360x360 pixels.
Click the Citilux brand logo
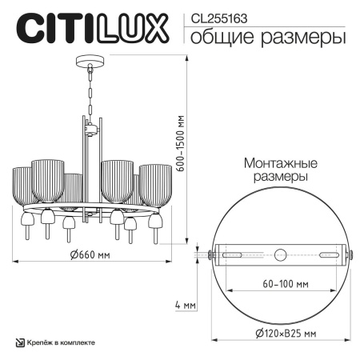pos(94,26)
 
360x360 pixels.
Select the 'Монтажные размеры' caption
pos(276,168)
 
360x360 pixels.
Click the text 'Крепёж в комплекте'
pos(61,342)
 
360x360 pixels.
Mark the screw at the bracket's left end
pos(210,255)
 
